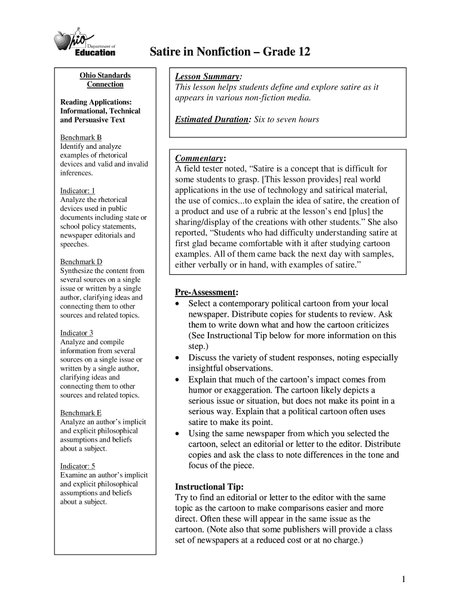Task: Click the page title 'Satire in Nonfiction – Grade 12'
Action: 229,52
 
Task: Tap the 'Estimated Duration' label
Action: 212,120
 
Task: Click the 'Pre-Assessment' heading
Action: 206,292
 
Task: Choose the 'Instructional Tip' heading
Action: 208,486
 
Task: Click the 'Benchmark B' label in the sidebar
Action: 81,137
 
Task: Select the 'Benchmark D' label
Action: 81,262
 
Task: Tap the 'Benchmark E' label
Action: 81,413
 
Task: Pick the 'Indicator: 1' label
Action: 77,191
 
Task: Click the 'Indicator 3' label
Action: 77,333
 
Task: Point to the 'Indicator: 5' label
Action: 78,466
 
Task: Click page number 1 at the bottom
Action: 404,579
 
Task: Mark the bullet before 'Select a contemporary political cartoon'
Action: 177,304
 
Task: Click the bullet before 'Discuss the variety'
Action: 177,357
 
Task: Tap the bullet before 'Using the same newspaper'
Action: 177,433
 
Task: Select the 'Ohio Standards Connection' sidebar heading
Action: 105,80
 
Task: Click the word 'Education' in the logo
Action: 95,53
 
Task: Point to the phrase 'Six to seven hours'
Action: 287,120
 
